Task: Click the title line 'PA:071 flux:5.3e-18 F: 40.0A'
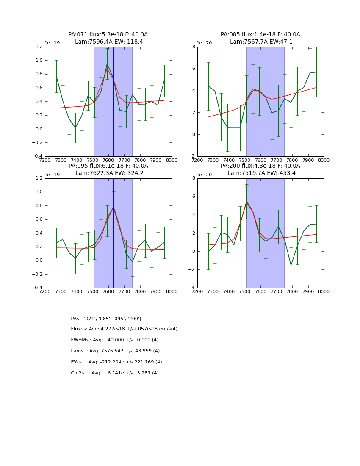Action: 108,35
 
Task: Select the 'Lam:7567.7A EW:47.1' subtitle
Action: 261,42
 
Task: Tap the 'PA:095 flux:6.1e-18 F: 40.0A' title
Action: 108,166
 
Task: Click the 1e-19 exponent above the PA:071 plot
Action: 53,43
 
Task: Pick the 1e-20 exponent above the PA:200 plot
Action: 205,175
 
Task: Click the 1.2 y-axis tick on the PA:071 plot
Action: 39,47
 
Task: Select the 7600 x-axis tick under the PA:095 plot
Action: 108,291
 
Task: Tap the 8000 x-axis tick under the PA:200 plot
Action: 324,291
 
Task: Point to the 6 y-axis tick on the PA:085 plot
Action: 193,69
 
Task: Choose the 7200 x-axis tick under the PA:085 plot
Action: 197,160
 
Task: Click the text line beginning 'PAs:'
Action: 106,319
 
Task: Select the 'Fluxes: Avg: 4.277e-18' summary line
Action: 124,329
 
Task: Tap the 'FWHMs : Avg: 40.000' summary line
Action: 115,340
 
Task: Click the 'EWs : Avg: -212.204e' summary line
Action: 116,362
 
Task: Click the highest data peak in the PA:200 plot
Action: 246,201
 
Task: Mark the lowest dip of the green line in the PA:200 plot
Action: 291,266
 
